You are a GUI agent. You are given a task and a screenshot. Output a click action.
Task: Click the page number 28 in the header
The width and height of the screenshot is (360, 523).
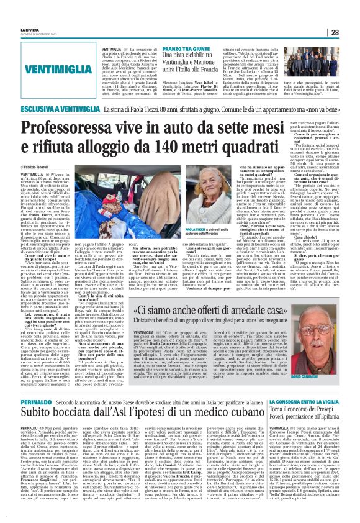point(352,32)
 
